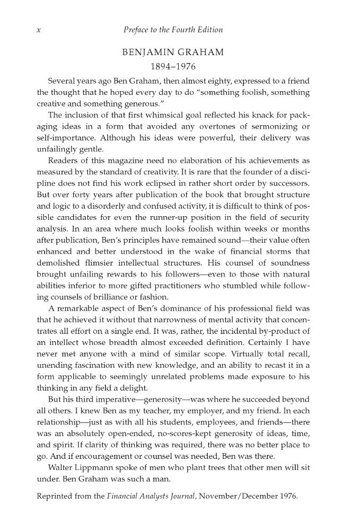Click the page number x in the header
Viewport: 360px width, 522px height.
39,30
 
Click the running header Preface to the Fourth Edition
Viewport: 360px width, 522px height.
172,30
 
